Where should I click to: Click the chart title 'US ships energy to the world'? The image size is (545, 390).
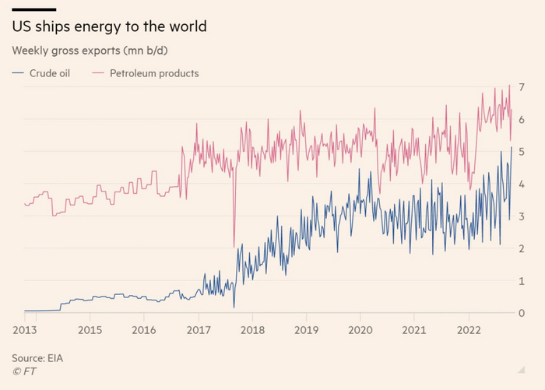[x=109, y=27]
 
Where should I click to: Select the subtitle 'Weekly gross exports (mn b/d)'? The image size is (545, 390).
[x=91, y=51]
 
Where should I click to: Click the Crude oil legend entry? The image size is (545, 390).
[x=47, y=74]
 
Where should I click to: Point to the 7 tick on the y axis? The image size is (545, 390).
[x=521, y=85]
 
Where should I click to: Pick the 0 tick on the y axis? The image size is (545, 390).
[x=521, y=313]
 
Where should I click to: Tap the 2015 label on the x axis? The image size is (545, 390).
[x=90, y=329]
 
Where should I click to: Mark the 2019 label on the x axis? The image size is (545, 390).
[x=306, y=329]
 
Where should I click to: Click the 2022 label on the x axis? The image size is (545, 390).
[x=468, y=329]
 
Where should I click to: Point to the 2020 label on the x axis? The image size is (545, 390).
[x=360, y=329]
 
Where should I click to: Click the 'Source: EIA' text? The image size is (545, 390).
[x=38, y=358]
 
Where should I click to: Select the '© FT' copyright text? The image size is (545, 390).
[x=24, y=371]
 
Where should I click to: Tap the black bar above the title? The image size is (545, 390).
[x=33, y=9]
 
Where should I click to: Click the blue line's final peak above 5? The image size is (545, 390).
[x=512, y=147]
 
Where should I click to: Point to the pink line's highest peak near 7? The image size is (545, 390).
[x=509, y=85]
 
